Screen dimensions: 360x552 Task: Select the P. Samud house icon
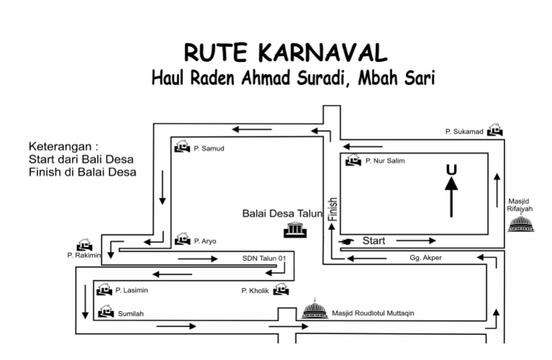pyautogui.click(x=182, y=147)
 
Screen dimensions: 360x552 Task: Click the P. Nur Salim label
pyautogui.click(x=385, y=161)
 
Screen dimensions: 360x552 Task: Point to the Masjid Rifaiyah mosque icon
pyautogui.click(x=520, y=224)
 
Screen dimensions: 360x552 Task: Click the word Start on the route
pyautogui.click(x=374, y=239)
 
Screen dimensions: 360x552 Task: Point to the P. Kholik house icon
pyautogui.click(x=280, y=289)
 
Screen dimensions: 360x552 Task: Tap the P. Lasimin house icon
pyautogui.click(x=104, y=289)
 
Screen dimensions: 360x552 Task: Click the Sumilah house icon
pyautogui.click(x=106, y=311)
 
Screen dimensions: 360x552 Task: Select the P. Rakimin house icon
pyautogui.click(x=84, y=246)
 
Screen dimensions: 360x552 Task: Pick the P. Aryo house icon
pyautogui.click(x=182, y=239)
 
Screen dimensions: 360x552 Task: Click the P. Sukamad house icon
pyautogui.click(x=494, y=130)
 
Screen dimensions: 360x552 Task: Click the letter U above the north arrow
pyautogui.click(x=451, y=170)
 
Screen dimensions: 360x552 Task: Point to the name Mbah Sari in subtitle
pyautogui.click(x=396, y=78)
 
